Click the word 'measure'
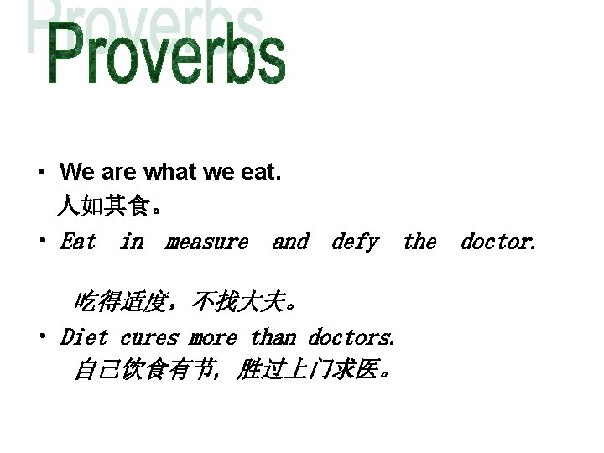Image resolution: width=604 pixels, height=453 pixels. click(x=206, y=242)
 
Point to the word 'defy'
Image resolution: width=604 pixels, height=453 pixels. click(x=355, y=242)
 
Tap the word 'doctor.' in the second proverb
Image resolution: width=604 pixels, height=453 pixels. click(x=497, y=242)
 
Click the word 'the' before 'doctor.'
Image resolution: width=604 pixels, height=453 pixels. click(x=419, y=242)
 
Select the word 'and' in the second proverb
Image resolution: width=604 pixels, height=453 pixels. click(x=290, y=242)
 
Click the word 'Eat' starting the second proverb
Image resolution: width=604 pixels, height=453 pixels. click(x=78, y=242)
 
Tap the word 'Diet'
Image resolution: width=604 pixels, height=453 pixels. click(x=84, y=338)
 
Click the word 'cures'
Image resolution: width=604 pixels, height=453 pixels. click(x=149, y=338)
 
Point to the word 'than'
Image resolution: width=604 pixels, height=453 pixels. click(x=273, y=338)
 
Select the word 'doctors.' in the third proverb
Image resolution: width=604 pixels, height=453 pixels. click(x=351, y=338)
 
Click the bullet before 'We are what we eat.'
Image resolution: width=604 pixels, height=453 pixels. click(x=40, y=174)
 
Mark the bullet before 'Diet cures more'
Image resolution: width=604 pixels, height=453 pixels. click(x=40, y=338)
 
